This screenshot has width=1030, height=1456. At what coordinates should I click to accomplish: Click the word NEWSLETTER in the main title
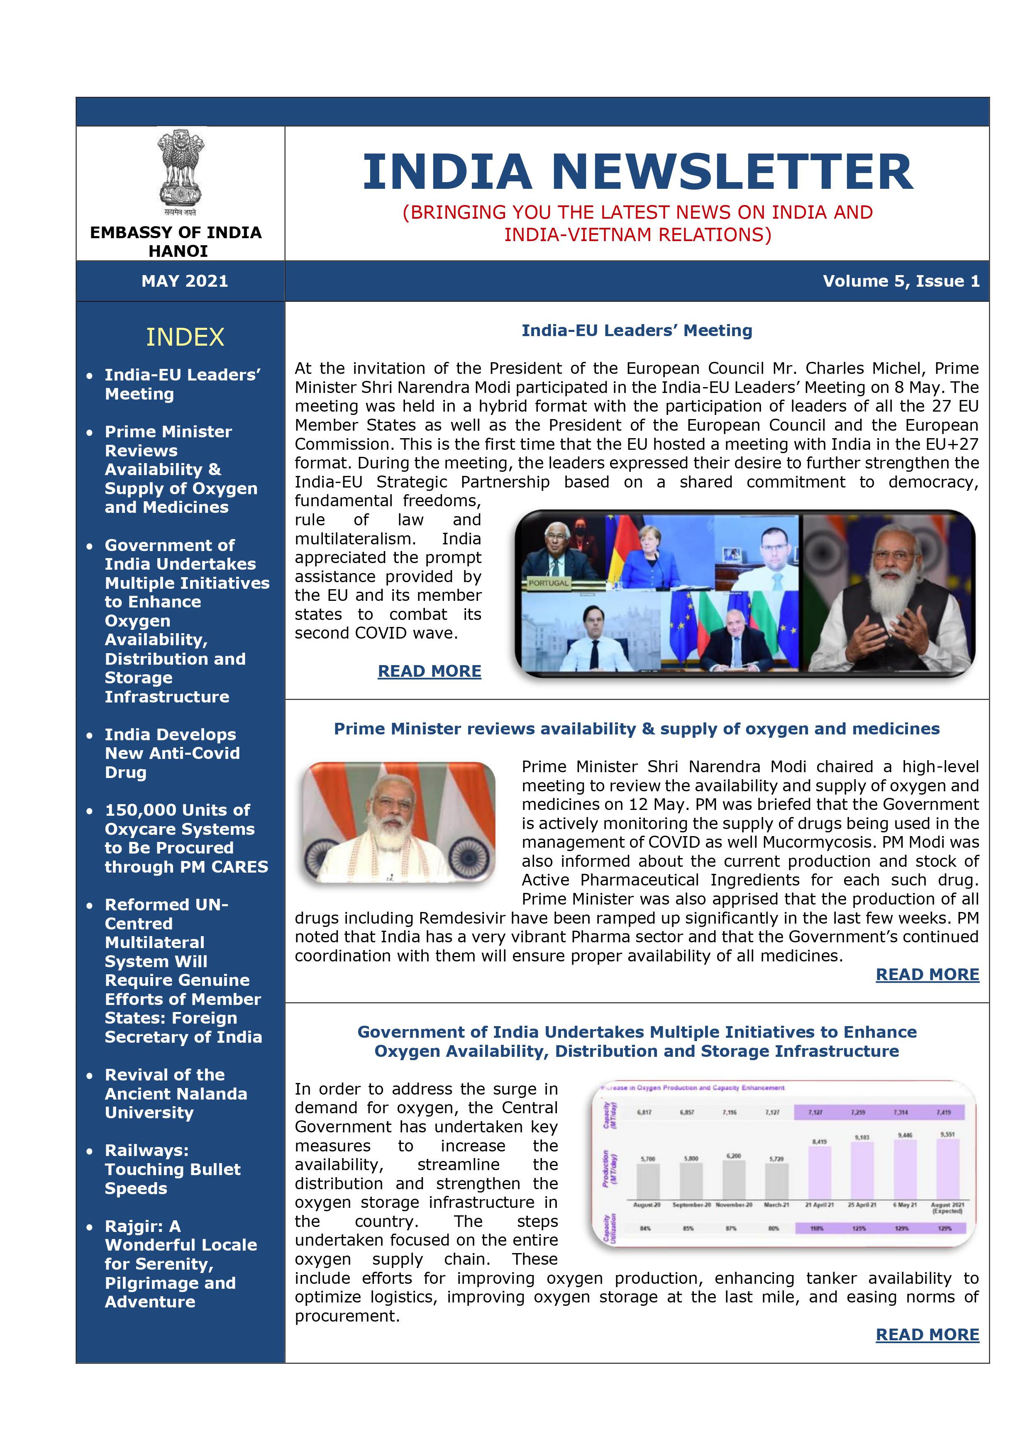(732, 173)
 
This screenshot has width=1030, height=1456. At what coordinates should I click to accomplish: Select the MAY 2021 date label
(185, 281)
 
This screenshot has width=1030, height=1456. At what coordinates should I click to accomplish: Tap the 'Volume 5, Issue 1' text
(901, 281)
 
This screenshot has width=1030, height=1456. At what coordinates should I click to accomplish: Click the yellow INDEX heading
(185, 337)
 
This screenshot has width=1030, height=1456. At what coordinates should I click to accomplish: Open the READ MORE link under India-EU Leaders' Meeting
(430, 671)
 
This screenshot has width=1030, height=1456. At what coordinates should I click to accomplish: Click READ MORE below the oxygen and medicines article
(927, 975)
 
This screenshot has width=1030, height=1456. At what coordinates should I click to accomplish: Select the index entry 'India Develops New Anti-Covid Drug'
(172, 754)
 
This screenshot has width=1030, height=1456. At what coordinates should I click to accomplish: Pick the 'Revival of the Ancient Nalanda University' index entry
(176, 1094)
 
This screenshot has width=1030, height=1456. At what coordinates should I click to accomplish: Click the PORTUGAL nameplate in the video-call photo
(548, 583)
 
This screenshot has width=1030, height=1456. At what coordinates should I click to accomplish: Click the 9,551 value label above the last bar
(947, 1134)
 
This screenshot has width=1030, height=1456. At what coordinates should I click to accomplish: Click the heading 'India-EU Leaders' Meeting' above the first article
(637, 330)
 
